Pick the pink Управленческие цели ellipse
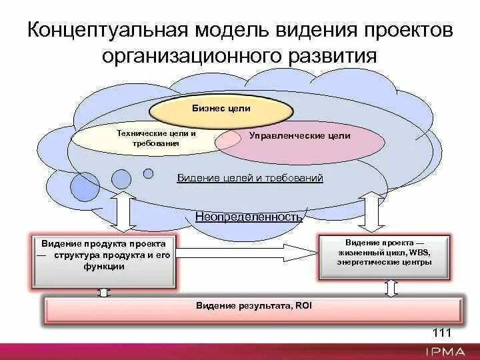pos(300,139)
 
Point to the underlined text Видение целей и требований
pos(250,178)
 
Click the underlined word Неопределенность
pos(249,217)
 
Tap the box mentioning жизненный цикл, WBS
pos(385,253)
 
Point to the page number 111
pos(442,333)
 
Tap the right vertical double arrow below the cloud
pos(372,211)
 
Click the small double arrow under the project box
pos(391,287)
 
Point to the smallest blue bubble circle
pos(147,174)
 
